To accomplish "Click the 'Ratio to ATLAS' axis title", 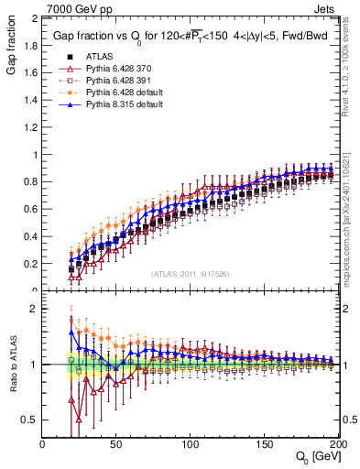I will [x=10, y=364].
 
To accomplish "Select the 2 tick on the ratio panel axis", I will [x=34, y=309].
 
